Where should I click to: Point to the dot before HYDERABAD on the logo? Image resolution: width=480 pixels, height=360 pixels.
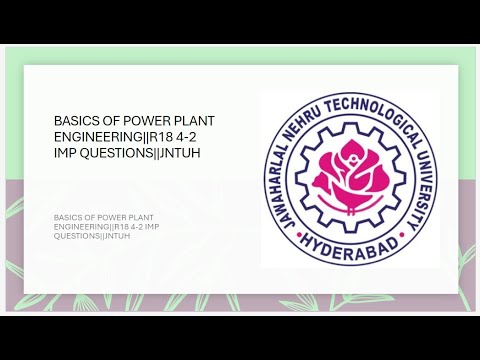[x=305, y=232]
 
